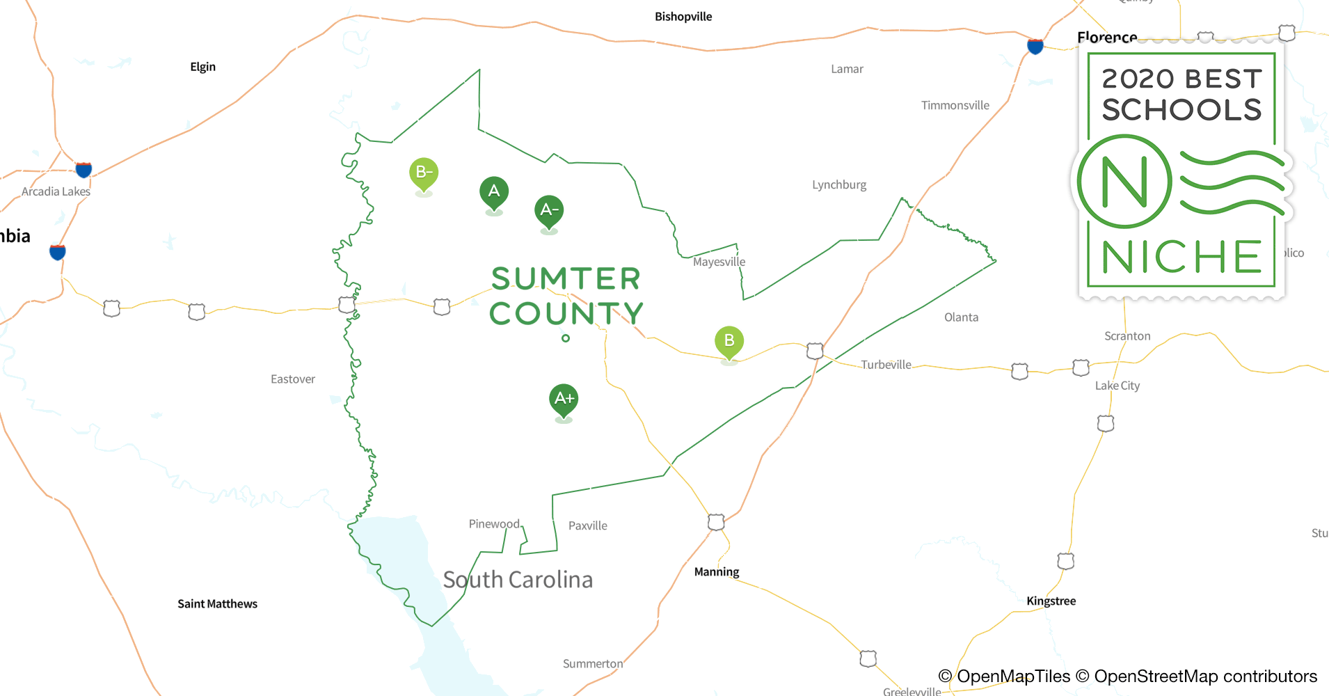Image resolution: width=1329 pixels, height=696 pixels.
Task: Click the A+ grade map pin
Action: pyautogui.click(x=564, y=400)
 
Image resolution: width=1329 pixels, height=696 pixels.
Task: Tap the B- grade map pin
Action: pyautogui.click(x=424, y=173)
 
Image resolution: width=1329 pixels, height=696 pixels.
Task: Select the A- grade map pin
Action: pyautogui.click(x=549, y=210)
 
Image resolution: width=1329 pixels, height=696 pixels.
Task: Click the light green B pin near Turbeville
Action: pyautogui.click(x=729, y=341)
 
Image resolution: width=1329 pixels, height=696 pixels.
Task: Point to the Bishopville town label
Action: pyautogui.click(x=683, y=17)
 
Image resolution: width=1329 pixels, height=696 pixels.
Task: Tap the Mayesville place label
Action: pyautogui.click(x=719, y=262)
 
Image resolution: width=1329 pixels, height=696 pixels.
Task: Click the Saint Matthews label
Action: pyautogui.click(x=217, y=603)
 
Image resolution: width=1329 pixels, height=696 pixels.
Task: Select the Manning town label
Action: pyautogui.click(x=717, y=571)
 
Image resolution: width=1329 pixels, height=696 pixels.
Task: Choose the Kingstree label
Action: pyautogui.click(x=1051, y=601)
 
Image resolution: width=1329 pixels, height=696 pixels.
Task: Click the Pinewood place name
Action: pyautogui.click(x=494, y=523)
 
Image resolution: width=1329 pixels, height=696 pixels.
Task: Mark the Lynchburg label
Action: pyautogui.click(x=839, y=184)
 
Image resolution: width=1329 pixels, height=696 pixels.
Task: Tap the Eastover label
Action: pyautogui.click(x=293, y=379)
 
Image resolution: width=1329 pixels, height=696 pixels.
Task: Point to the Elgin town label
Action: pyautogui.click(x=202, y=67)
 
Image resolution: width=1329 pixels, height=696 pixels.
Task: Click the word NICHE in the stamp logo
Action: pyautogui.click(x=1181, y=257)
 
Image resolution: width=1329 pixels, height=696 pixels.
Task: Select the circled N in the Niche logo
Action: pyautogui.click(x=1124, y=182)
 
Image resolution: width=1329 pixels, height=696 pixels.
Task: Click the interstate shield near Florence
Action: pyautogui.click(x=1035, y=47)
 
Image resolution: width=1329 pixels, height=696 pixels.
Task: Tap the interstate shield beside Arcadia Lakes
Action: pyautogui.click(x=84, y=169)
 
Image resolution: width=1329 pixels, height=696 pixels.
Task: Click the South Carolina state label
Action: pyautogui.click(x=518, y=579)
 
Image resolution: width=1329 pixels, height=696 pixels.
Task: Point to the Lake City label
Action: pyautogui.click(x=1117, y=386)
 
